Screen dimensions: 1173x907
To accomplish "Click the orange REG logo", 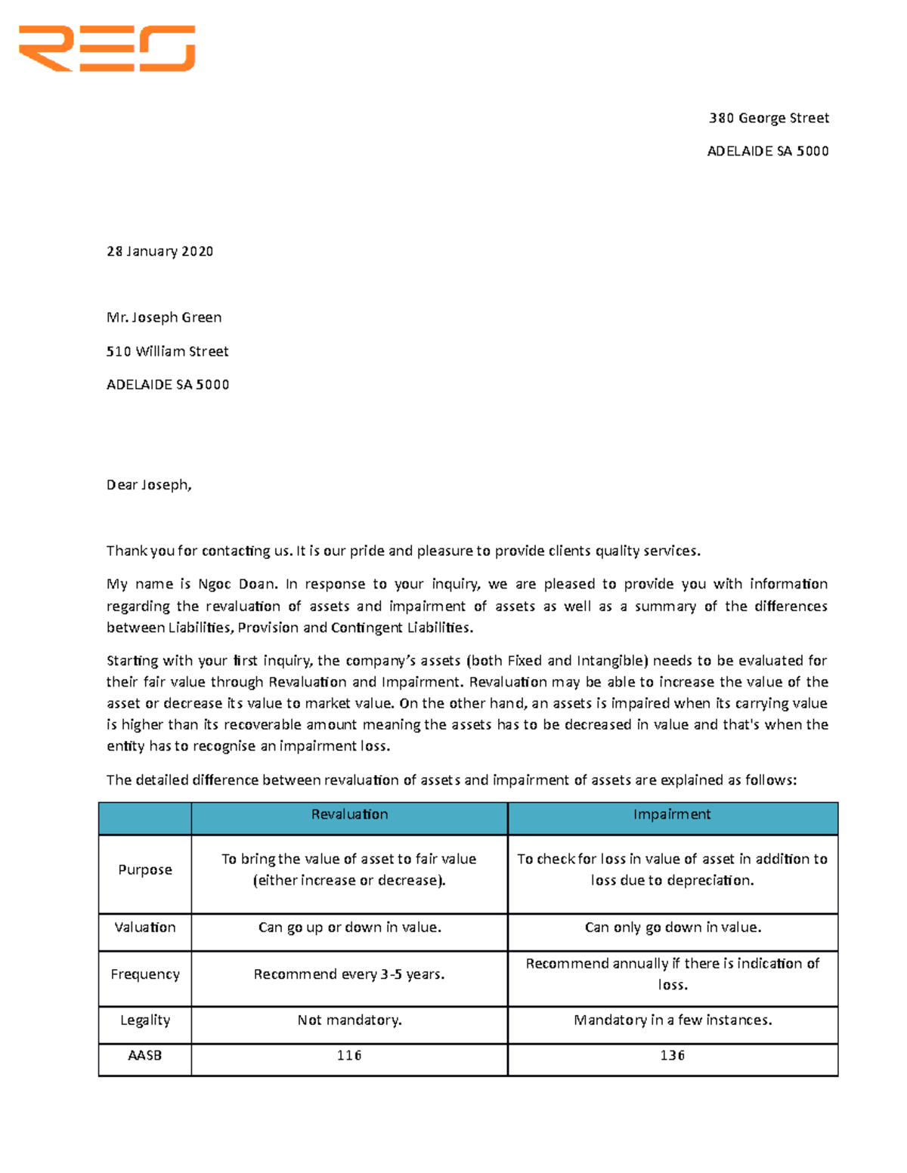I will click(107, 48).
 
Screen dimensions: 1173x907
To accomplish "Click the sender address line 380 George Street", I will click(768, 118).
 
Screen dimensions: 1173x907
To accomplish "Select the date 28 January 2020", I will click(159, 252).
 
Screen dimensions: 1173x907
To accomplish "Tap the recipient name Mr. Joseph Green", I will click(164, 317).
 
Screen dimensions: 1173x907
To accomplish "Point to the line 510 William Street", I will click(167, 351).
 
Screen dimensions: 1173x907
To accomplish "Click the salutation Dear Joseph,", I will click(149, 485).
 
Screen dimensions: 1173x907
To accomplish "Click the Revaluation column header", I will click(349, 814).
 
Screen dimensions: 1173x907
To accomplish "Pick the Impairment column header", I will click(672, 814).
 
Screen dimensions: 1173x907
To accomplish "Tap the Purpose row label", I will click(144, 869).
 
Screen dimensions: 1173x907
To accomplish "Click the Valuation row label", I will click(144, 928).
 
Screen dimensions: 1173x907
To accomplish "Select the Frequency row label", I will click(144, 974).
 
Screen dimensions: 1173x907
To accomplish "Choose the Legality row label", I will click(144, 1020).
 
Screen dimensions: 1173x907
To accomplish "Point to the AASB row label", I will click(144, 1055).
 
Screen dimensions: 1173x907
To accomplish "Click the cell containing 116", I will click(349, 1055).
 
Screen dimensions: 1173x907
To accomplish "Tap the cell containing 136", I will click(672, 1055).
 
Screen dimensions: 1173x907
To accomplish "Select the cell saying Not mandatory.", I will click(349, 1020).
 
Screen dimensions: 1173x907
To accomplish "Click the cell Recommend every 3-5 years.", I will click(349, 974).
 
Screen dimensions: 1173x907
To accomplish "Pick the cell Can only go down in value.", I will click(672, 928).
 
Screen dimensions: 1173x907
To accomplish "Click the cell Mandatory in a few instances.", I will click(672, 1020).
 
